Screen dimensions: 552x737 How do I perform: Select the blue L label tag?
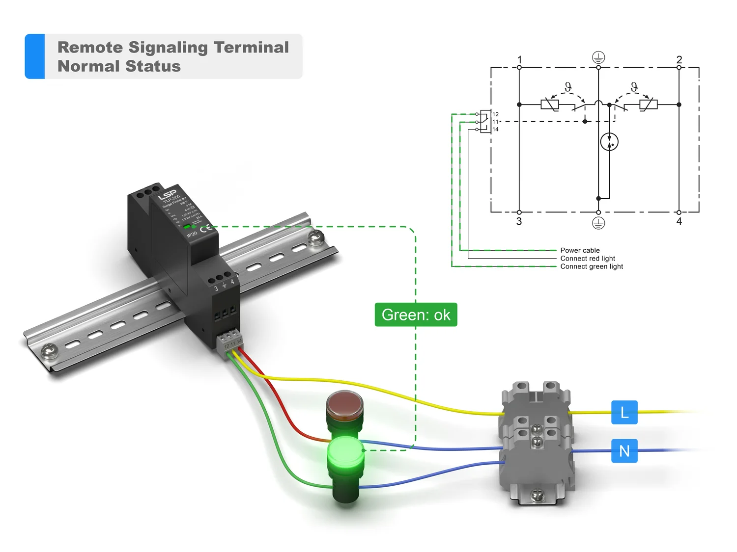[x=624, y=412]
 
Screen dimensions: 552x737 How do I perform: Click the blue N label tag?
[x=624, y=450]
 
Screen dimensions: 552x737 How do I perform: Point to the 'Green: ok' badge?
[x=416, y=315]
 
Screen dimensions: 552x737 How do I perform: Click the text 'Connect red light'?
[x=588, y=259]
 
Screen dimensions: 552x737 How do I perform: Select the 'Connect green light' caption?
[x=592, y=266]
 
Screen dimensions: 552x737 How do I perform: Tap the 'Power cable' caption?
[x=580, y=250]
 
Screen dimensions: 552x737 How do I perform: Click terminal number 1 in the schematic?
[x=519, y=60]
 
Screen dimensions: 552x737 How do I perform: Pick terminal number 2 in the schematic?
[x=679, y=60]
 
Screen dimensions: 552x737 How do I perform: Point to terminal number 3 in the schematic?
[x=519, y=222]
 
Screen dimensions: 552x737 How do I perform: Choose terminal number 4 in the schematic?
[x=679, y=222]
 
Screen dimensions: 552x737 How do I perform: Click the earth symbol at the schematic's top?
[x=598, y=57]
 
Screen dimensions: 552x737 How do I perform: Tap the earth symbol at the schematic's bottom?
[x=598, y=223]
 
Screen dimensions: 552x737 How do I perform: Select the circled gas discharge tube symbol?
[x=609, y=142]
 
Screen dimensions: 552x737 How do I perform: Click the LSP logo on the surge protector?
[x=167, y=194]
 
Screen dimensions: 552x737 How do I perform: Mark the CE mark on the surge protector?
[x=206, y=228]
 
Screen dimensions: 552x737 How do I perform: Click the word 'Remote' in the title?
[x=90, y=47]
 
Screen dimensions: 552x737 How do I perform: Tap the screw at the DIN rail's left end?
[x=48, y=350]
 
